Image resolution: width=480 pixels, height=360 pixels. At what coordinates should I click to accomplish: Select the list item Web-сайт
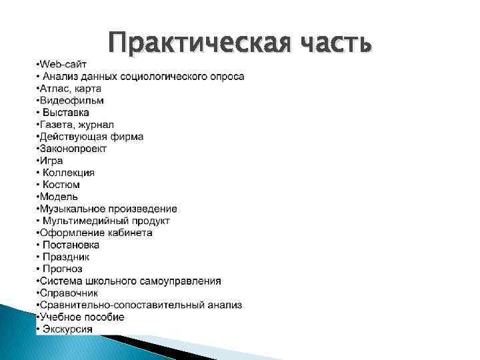point(61,64)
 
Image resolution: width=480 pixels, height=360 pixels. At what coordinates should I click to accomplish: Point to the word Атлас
point(53,88)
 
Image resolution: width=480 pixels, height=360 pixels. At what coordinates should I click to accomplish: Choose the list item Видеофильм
point(71,100)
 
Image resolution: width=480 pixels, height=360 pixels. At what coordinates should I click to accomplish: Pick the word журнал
point(97,124)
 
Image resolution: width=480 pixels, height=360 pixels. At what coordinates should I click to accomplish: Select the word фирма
point(128,136)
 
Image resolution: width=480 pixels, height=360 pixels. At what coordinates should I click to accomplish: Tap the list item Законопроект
point(73,148)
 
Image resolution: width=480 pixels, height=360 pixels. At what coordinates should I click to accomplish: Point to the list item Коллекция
point(69,172)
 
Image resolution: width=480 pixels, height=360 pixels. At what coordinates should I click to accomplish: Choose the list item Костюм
point(61,184)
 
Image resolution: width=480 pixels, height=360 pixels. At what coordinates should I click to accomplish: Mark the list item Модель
point(59,196)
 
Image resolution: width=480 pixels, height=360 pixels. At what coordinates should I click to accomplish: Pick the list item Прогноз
point(63,269)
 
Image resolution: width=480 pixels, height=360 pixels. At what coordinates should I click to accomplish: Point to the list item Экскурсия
point(67,329)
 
